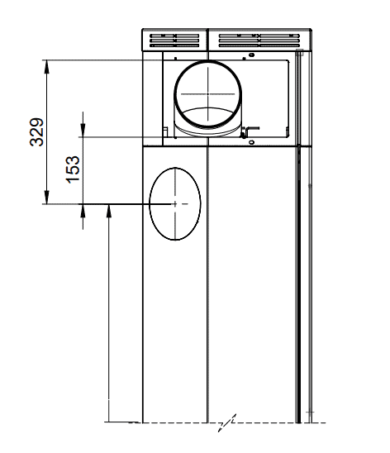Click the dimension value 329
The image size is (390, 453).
tap(36, 132)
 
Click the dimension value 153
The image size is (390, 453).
tap(73, 169)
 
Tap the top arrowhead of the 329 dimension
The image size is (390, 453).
tap(47, 66)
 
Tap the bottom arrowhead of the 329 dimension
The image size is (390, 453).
tap(47, 198)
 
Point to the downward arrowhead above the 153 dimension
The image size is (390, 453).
tap(83, 130)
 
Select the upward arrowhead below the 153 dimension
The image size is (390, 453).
tap(83, 211)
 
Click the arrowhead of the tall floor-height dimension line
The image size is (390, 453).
tap(109, 211)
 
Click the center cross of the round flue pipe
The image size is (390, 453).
tap(208, 94)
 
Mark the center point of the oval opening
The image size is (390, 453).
tap(175, 204)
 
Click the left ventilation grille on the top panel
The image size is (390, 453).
tap(174, 41)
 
